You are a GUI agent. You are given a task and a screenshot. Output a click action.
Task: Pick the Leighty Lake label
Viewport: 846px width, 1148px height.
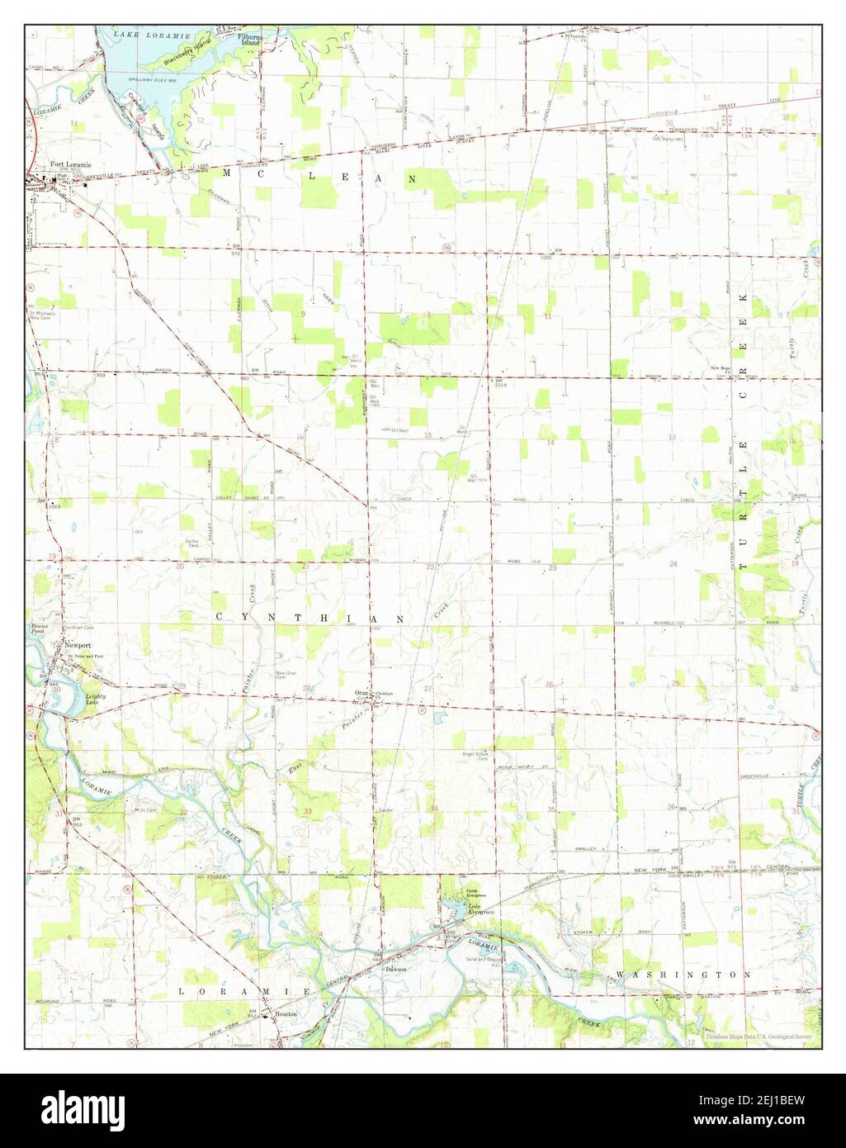pos(97,700)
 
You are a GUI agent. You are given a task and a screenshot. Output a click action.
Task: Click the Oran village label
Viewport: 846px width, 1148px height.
pos(361,691)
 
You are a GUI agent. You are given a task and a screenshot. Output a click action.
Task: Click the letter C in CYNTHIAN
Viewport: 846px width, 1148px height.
pos(220,618)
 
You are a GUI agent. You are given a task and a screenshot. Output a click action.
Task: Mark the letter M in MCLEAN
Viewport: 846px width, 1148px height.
pos(228,174)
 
